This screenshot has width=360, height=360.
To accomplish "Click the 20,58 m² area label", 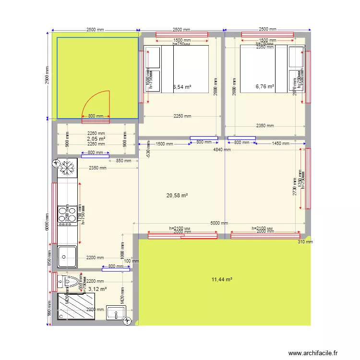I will coord(177,195).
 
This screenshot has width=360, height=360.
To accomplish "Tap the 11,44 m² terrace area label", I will coord(222,279).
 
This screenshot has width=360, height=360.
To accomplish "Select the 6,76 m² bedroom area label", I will coord(265,87).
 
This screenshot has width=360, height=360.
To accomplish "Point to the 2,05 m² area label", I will coord(96,139).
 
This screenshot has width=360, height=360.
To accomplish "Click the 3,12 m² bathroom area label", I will coord(97,289).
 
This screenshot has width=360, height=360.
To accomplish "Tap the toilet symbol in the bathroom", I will coord(71,281).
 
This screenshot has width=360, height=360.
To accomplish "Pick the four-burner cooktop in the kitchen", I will coord(67,216).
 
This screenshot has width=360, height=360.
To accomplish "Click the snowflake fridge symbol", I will coord(67,168).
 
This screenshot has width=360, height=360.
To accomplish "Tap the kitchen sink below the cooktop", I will coord(67,256).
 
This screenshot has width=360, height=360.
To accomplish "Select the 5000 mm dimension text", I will coord(218,224).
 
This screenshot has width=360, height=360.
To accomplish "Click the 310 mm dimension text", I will coord(305,242).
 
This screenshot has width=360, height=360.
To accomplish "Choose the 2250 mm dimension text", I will coord(182,116).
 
